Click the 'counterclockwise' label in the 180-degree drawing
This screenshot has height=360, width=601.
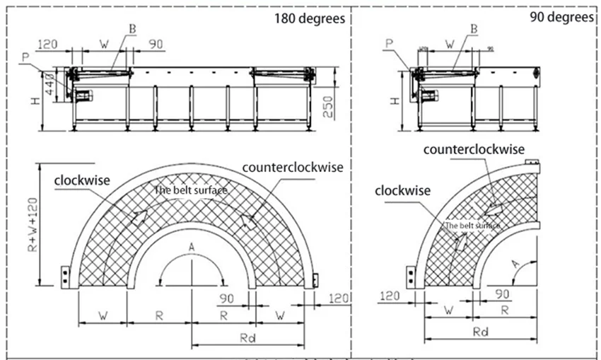click(x=292, y=168)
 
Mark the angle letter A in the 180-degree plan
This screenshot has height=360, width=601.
click(x=191, y=246)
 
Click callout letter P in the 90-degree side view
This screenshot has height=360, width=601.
click(x=389, y=43)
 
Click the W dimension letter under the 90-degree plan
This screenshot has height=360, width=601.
click(x=447, y=310)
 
